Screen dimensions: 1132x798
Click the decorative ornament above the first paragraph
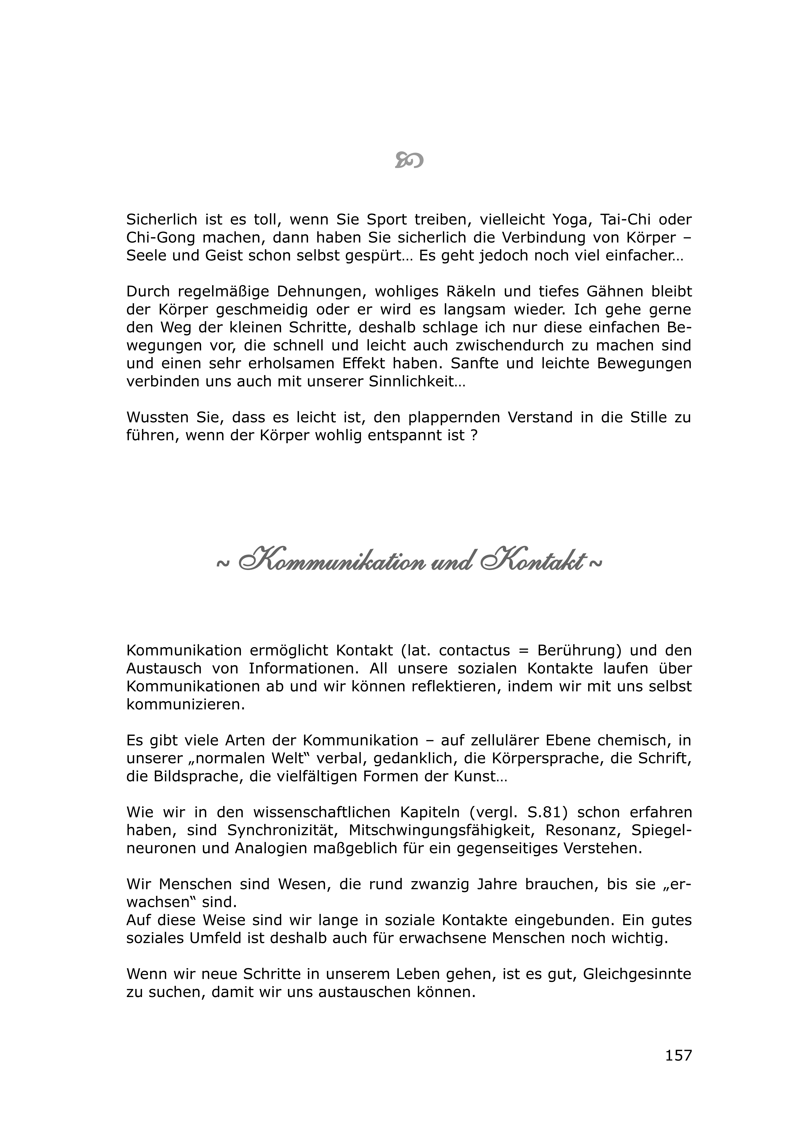409,160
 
